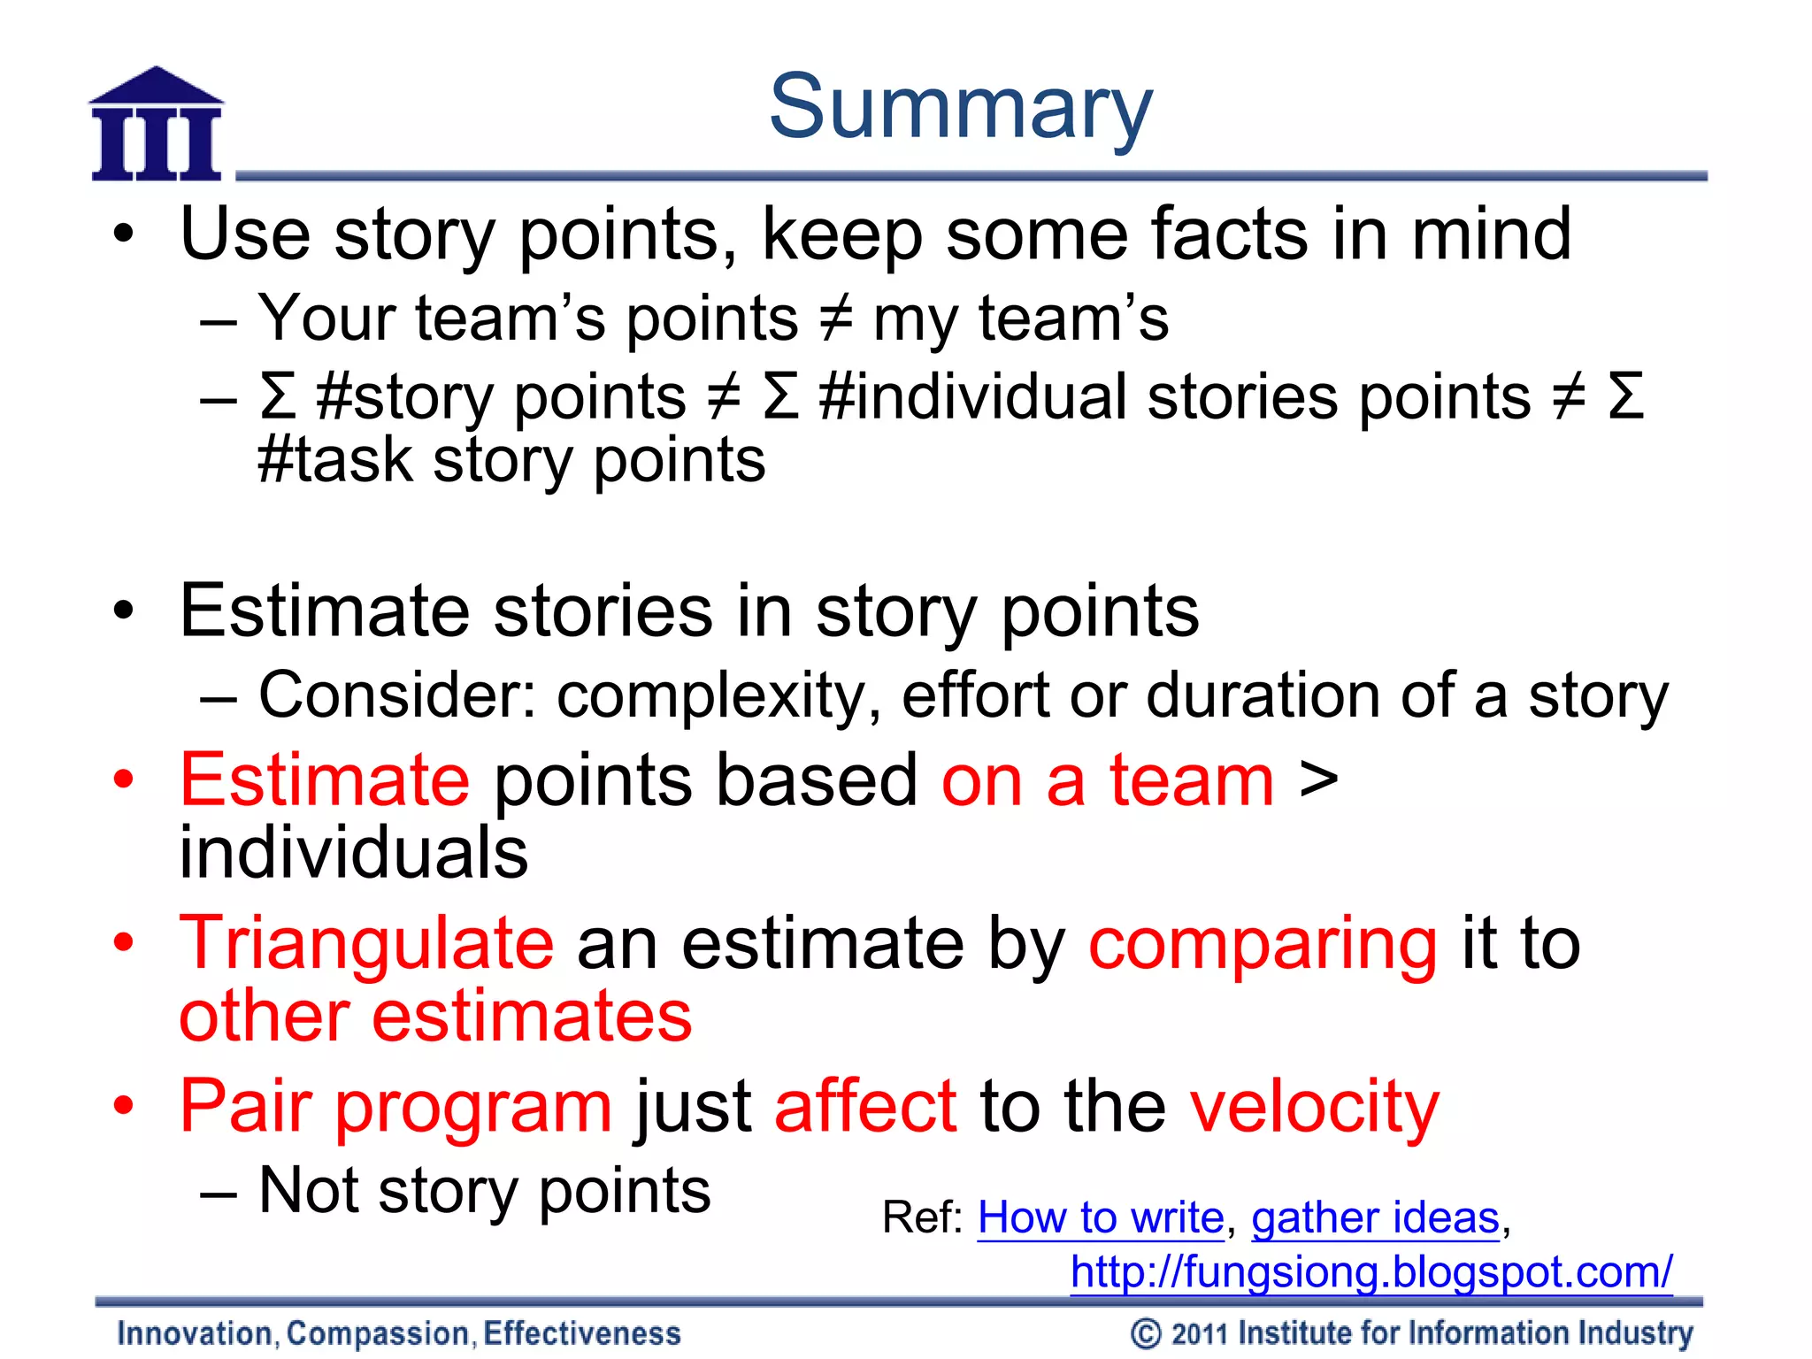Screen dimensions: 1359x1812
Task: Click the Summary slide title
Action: point(960,108)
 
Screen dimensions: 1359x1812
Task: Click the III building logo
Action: point(157,126)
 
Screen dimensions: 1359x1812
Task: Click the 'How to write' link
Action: point(1100,1217)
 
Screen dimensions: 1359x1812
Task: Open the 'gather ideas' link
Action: point(1375,1217)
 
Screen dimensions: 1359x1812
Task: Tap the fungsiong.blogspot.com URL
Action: point(1371,1272)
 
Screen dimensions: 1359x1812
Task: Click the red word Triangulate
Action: point(366,944)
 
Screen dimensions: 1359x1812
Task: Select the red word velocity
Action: point(1314,1107)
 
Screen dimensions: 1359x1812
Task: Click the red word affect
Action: point(864,1106)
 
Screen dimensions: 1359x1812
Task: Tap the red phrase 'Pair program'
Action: point(395,1107)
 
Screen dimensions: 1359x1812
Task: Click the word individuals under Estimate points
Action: point(353,852)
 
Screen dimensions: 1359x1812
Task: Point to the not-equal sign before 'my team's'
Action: point(835,319)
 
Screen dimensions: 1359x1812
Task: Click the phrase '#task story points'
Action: point(511,461)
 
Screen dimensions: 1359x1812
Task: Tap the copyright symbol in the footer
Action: point(1146,1333)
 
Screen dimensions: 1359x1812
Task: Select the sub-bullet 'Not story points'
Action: point(484,1191)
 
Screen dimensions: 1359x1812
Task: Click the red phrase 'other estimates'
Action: point(435,1017)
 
